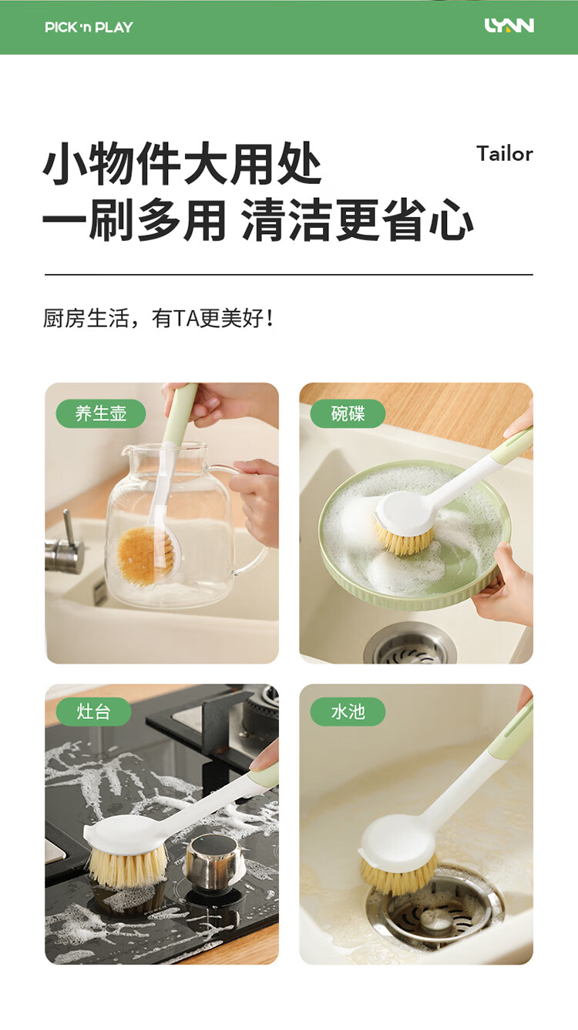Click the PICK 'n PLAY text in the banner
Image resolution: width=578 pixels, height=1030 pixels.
(x=89, y=27)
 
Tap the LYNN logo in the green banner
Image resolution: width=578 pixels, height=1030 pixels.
(x=509, y=25)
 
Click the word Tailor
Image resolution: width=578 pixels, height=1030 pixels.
(x=505, y=154)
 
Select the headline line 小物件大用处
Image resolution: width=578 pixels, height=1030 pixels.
(x=182, y=163)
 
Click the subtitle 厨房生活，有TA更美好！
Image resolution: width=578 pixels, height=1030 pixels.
(x=158, y=318)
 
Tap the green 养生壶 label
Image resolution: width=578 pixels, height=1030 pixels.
(x=101, y=413)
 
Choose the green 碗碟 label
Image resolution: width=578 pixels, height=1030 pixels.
(x=348, y=413)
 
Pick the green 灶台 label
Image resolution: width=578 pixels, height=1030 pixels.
(x=93, y=711)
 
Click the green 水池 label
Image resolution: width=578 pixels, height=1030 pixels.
(x=348, y=711)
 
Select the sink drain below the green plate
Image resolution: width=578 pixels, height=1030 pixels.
(x=411, y=644)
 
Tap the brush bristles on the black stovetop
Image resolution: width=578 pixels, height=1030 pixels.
(x=127, y=866)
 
